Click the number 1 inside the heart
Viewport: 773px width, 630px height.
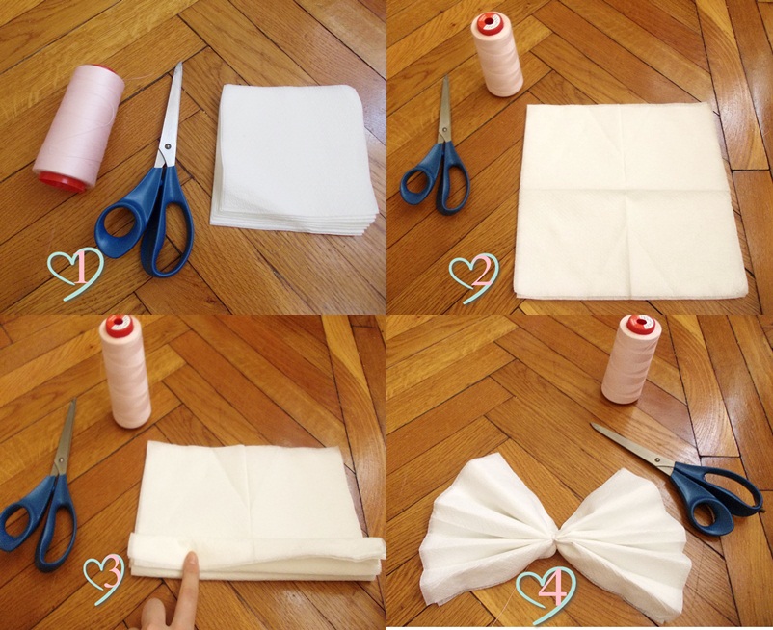(81, 270)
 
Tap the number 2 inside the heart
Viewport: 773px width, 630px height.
(480, 272)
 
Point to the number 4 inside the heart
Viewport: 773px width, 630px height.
(552, 589)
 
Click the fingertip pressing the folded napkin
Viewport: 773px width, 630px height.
(190, 562)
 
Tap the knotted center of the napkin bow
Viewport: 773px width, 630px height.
(555, 540)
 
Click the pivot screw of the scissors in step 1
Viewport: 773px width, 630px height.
(168, 145)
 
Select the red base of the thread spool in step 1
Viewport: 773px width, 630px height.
(62, 181)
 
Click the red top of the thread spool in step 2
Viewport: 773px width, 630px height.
(489, 20)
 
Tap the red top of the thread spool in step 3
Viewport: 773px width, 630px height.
(119, 325)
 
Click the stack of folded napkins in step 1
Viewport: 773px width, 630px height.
(294, 159)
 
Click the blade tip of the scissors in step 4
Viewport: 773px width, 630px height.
(593, 425)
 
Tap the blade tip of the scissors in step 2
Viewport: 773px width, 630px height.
(445, 78)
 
